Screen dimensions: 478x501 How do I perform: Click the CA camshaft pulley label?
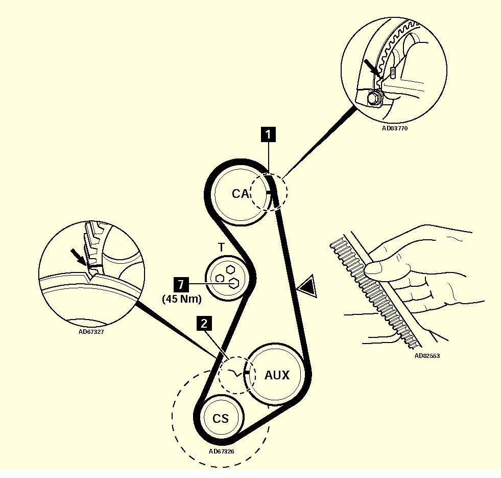coord(240,194)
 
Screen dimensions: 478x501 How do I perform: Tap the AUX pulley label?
coord(276,375)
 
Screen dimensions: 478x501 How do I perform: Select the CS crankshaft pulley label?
coord(221,419)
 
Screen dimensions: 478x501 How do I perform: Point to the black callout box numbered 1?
coord(268,134)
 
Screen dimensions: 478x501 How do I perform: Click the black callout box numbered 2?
coord(204,323)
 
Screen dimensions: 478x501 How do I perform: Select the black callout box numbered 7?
coord(179,283)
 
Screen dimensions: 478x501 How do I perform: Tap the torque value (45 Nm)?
coord(182,299)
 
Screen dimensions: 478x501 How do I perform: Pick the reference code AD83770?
coord(395,129)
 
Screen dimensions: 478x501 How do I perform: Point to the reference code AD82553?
coord(426,356)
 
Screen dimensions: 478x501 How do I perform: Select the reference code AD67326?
coord(222,451)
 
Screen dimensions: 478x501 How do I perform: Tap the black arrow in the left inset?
coord(80,256)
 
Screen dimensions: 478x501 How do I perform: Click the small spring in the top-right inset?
coord(393,72)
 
